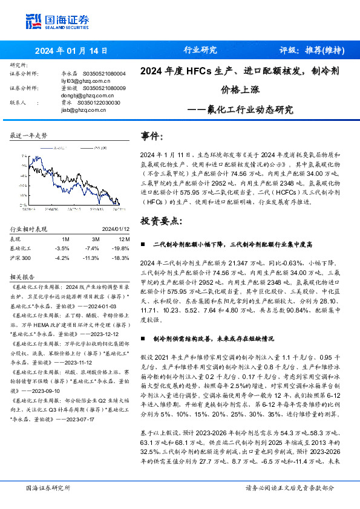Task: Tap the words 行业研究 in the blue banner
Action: click(200, 50)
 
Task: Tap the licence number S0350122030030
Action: click(99, 103)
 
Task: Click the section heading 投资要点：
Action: click(160, 221)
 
